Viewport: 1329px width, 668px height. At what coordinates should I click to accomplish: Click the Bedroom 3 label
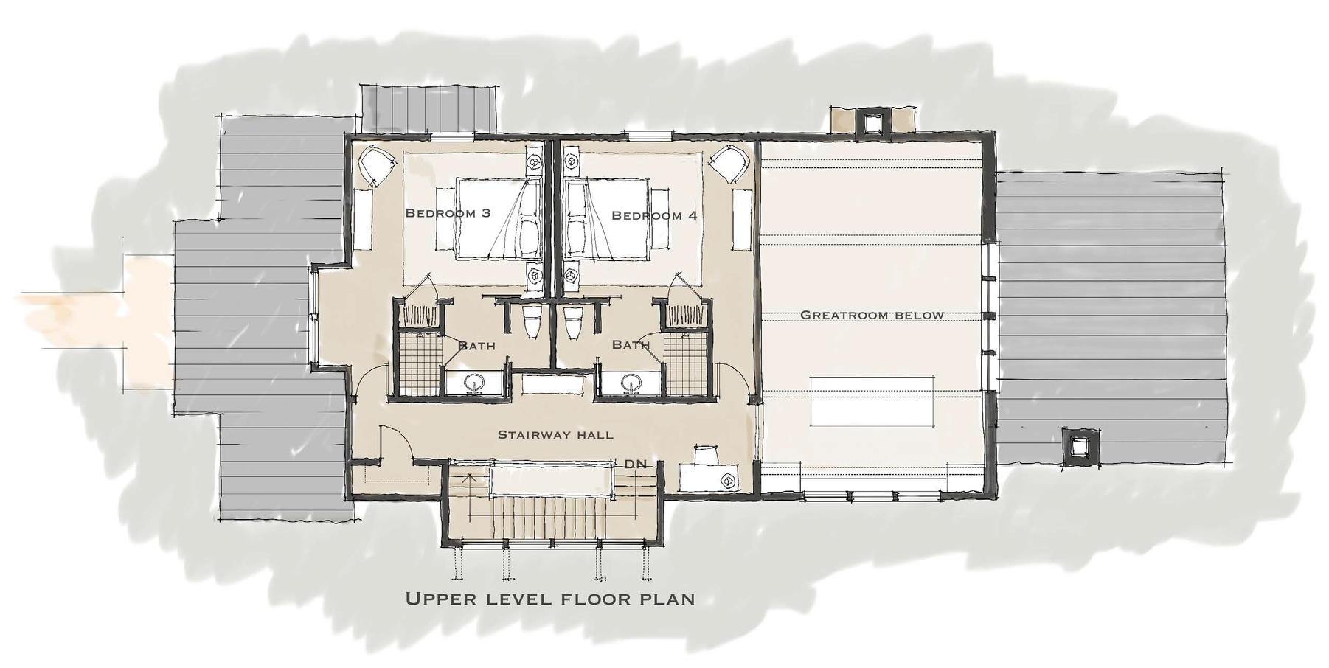tap(448, 213)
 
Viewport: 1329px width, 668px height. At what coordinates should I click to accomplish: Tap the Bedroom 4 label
tap(654, 215)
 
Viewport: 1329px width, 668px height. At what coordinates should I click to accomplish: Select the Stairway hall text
tap(555, 434)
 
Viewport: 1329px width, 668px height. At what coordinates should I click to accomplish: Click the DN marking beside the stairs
tap(635, 465)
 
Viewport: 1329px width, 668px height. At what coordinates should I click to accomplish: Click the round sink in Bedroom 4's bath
tap(631, 383)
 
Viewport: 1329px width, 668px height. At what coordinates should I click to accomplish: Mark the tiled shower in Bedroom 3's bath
tap(419, 363)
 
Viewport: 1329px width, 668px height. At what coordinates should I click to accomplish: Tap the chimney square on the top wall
tap(872, 122)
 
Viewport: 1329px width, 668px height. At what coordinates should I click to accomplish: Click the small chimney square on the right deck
tap(1080, 445)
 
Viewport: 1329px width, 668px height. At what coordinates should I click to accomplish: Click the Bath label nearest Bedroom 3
tap(476, 345)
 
